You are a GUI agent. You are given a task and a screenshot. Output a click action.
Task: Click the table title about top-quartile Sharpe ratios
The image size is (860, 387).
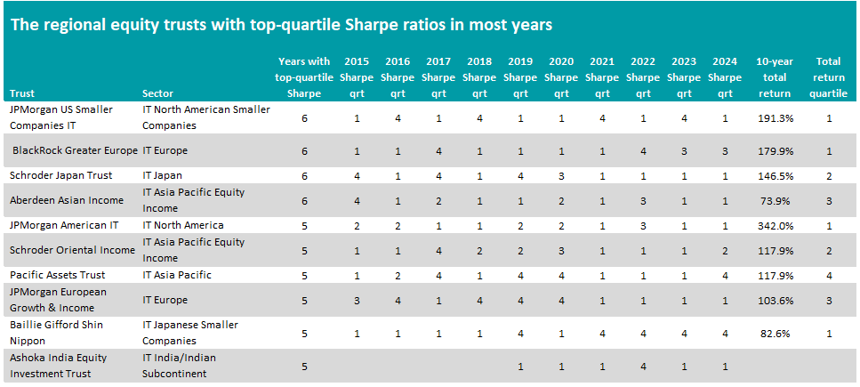pos(281,25)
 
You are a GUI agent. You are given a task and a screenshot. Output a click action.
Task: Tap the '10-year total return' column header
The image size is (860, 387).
pos(774,77)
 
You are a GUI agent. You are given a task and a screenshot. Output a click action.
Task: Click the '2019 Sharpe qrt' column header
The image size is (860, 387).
pos(520,77)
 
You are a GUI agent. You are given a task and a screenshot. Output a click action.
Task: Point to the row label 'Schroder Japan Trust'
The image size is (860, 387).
pos(60,175)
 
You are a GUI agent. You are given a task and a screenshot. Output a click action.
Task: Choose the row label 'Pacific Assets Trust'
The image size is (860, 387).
pos(58,275)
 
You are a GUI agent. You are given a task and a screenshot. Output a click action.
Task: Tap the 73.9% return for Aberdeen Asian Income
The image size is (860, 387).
pos(775,200)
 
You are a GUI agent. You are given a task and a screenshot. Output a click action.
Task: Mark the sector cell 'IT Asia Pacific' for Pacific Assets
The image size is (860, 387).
pos(177,275)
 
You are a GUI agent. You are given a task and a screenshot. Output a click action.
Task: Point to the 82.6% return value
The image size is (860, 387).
pos(775,333)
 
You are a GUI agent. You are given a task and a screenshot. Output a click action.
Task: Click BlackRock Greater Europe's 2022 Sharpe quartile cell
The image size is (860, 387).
pos(643,150)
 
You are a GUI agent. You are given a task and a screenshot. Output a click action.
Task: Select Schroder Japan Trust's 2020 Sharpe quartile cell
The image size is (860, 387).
pos(561,175)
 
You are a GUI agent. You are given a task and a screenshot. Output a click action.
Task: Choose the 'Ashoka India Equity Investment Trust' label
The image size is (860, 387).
pos(58,366)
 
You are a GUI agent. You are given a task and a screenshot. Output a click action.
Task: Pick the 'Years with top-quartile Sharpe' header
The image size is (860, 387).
pos(304,77)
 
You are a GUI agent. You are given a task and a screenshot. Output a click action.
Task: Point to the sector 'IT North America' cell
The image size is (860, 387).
pos(182,225)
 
